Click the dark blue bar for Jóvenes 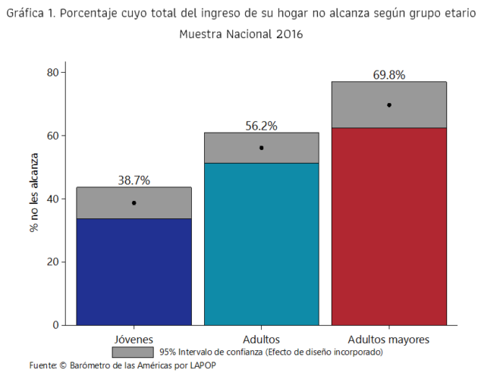[134, 271]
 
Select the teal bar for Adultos [262, 243]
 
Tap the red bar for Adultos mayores [389, 226]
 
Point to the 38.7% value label [134, 180]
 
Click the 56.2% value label [262, 126]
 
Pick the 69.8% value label [389, 75]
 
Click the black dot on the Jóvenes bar [134, 203]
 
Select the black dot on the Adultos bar [262, 148]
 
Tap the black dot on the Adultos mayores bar [389, 105]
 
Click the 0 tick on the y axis [56, 325]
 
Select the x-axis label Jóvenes [134, 338]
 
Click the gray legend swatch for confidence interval [134, 352]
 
